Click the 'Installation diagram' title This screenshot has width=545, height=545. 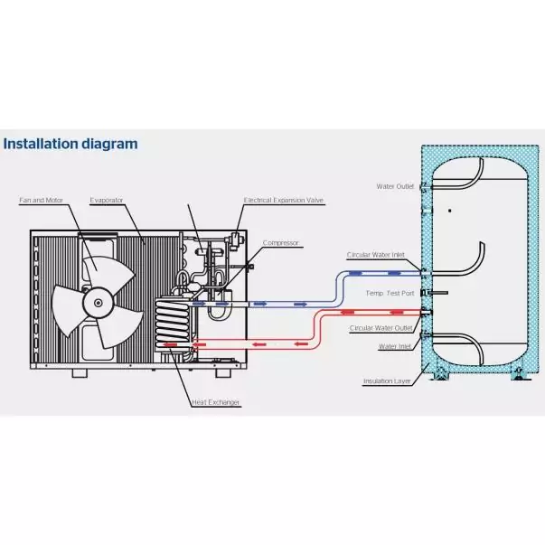[70, 143]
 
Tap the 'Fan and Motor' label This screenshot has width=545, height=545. [37, 199]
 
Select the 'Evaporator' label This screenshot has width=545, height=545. [106, 199]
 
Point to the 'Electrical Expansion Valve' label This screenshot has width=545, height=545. [283, 200]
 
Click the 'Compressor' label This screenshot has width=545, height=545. [280, 242]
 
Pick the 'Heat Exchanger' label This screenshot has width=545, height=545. [215, 402]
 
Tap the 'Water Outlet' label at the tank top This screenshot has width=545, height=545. [395, 186]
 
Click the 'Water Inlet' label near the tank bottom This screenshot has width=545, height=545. [394, 346]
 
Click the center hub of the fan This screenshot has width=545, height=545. [93, 305]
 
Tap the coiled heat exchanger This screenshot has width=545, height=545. [173, 324]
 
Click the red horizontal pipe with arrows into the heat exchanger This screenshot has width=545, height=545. [253, 343]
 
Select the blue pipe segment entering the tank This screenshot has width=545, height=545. [380, 271]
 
